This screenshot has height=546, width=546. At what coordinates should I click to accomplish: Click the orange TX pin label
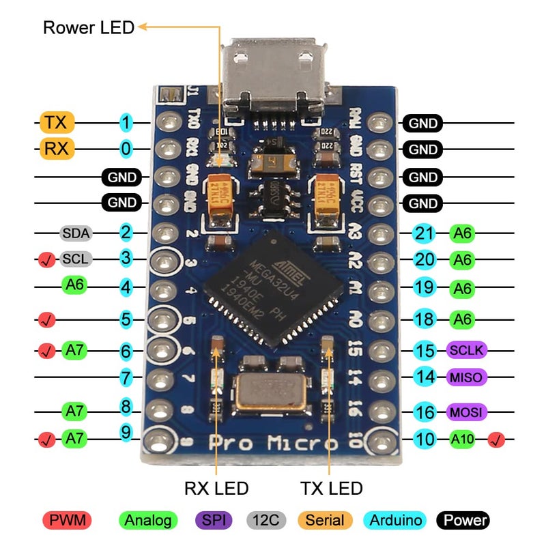click(57, 123)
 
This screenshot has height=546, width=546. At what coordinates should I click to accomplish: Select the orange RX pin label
click(57, 149)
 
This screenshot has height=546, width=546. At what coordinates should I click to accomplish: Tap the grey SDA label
click(76, 233)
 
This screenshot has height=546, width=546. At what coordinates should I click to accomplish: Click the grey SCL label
click(76, 259)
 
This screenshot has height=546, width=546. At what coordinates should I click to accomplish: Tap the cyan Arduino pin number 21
click(425, 233)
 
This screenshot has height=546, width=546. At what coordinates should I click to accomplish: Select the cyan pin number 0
click(126, 149)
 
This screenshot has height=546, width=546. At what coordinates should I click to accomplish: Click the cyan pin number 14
click(425, 377)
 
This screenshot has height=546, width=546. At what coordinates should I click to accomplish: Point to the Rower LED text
click(89, 28)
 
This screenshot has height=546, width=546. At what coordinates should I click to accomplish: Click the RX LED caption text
click(216, 489)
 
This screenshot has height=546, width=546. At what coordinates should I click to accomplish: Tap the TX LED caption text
click(332, 489)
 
